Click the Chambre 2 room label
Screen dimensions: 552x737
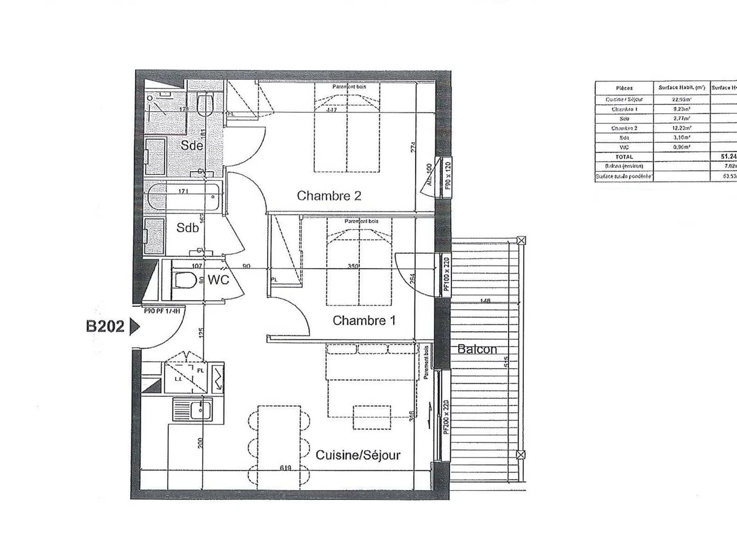pos(329,196)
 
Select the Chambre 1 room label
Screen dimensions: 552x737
pos(364,320)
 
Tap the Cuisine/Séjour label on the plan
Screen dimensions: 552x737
pos(358,455)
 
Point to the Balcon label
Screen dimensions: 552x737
pos(477,350)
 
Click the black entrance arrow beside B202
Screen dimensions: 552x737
pos(135,328)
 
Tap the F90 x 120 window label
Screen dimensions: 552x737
pos(448,177)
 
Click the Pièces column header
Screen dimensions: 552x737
pos(624,88)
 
